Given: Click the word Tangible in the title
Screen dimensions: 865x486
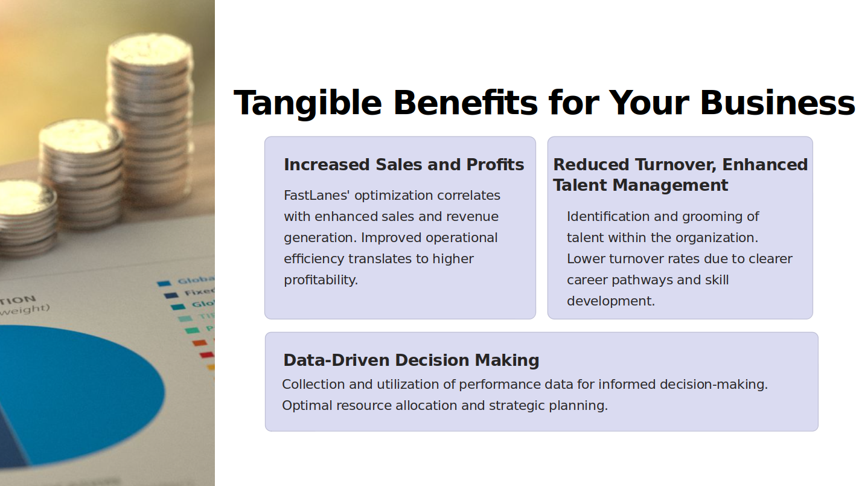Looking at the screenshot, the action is pyautogui.click(x=308, y=103).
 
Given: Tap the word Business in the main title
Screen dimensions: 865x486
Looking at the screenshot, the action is pyautogui.click(x=777, y=103).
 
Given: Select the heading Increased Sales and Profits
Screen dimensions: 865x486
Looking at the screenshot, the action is pyautogui.click(x=404, y=165).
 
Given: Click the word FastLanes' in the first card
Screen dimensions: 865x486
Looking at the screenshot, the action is pyautogui.click(x=317, y=196).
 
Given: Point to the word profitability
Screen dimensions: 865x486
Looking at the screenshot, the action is pyautogui.click(x=321, y=280).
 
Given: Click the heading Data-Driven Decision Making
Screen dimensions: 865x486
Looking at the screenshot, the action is pyautogui.click(x=411, y=360).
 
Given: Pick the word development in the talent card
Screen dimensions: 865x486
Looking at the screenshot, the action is pyautogui.click(x=611, y=301).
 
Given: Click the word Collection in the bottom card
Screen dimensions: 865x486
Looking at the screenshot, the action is pyautogui.click(x=313, y=385).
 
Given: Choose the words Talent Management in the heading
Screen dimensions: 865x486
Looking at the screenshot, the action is pyautogui.click(x=640, y=185).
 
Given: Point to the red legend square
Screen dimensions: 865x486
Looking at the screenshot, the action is pyautogui.click(x=207, y=354).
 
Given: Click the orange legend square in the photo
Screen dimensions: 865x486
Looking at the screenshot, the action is pyautogui.click(x=200, y=343).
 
